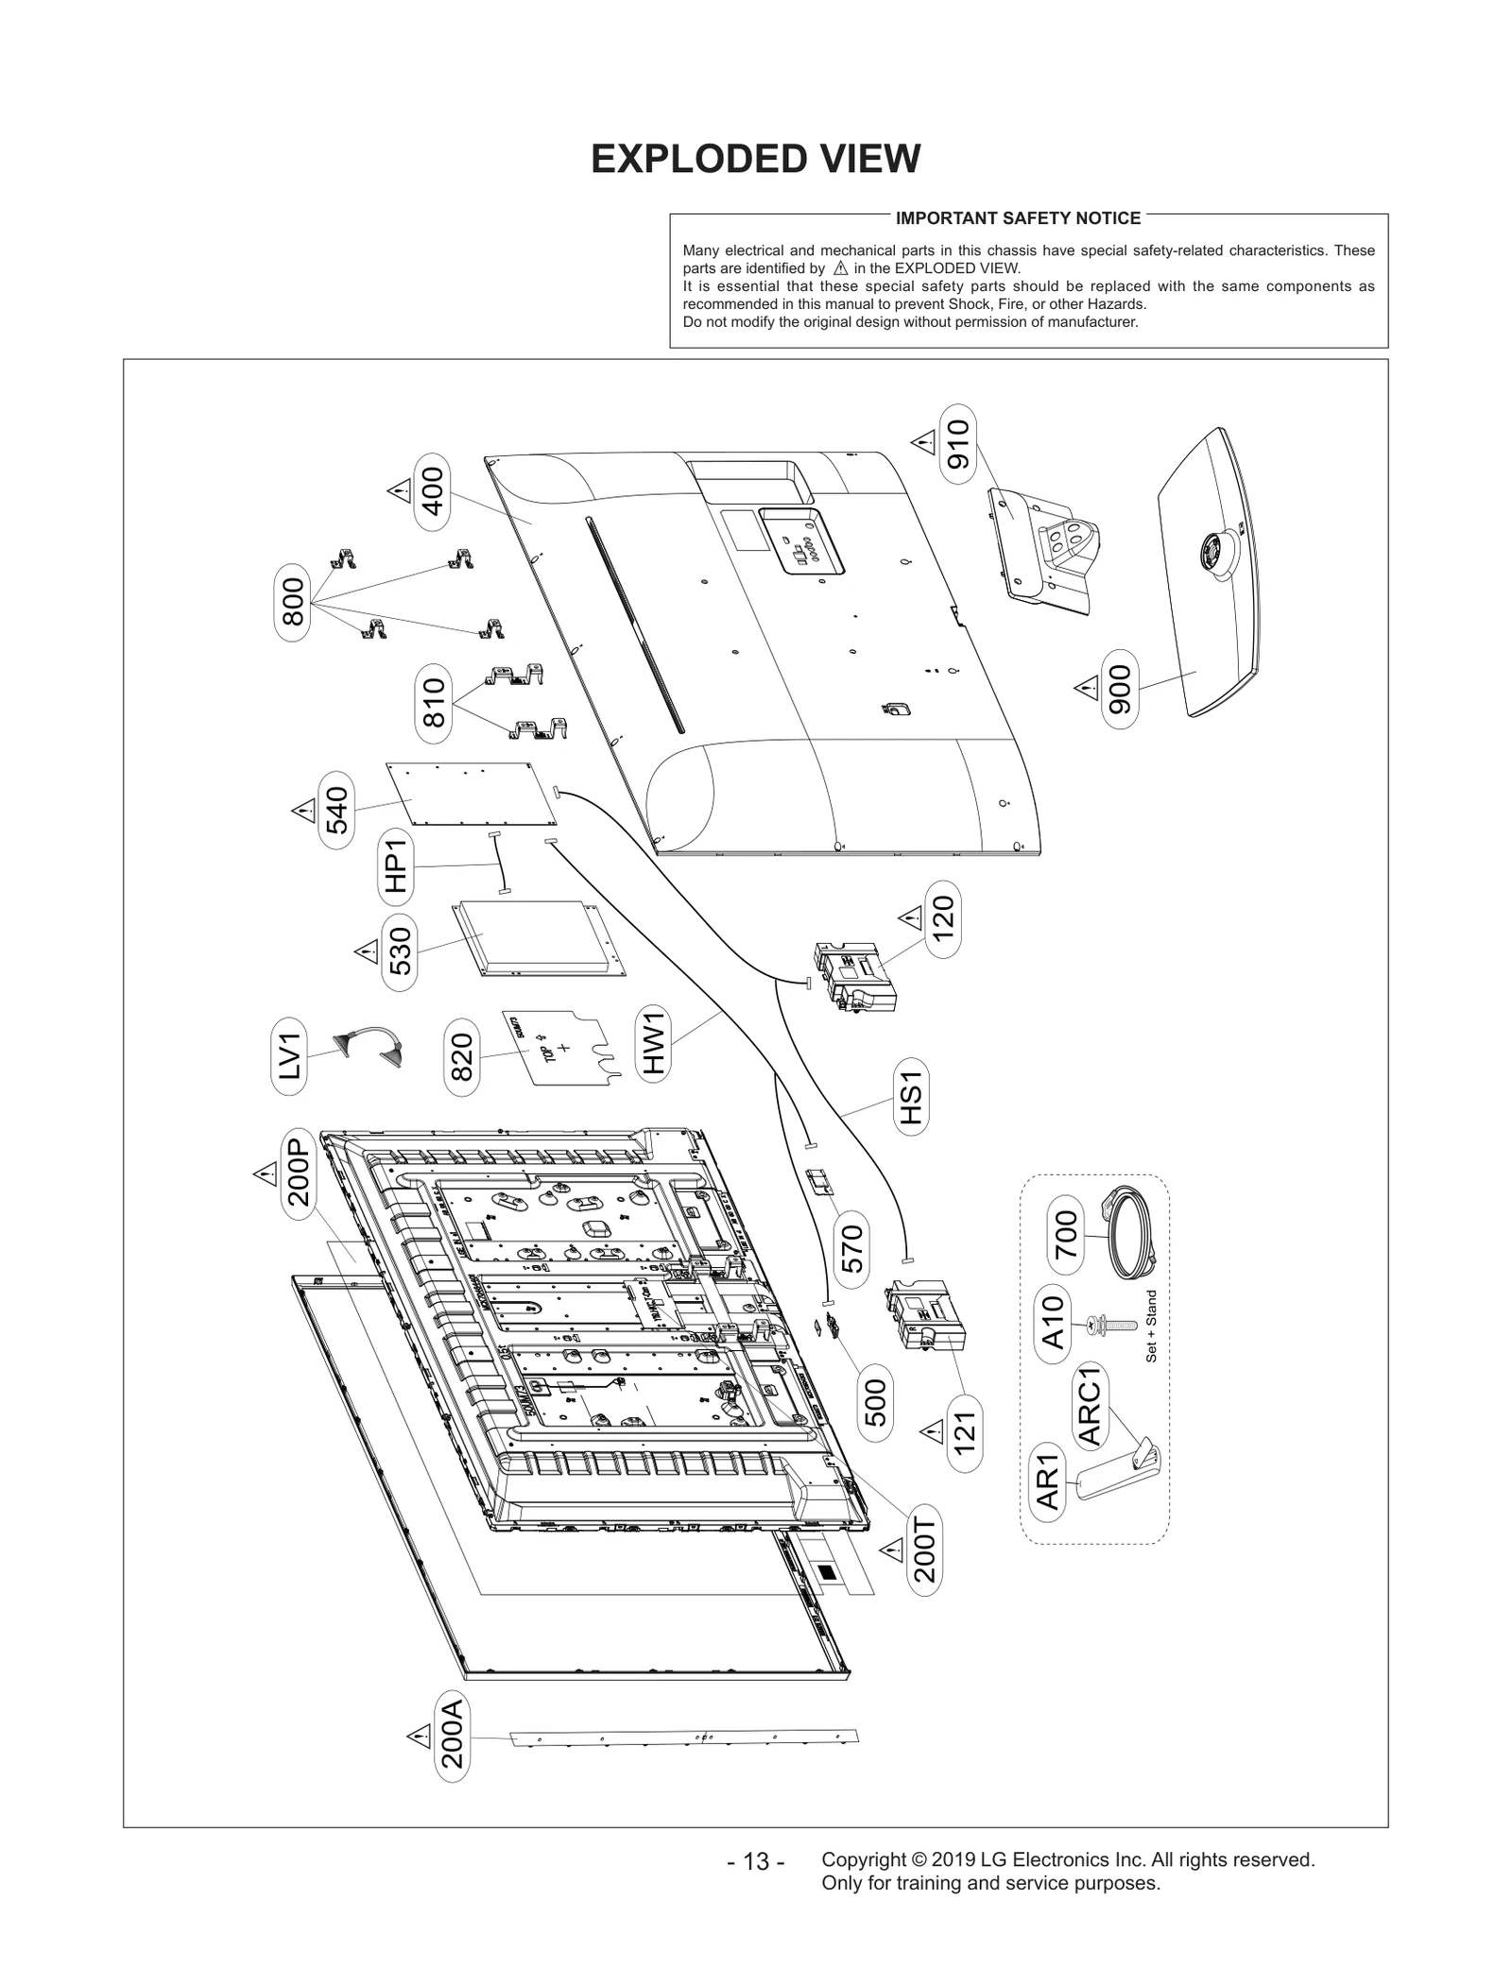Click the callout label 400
point(432,491)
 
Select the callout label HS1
point(910,1098)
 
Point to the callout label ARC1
point(1091,1407)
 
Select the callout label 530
point(401,951)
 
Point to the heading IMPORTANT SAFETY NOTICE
point(1018,218)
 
